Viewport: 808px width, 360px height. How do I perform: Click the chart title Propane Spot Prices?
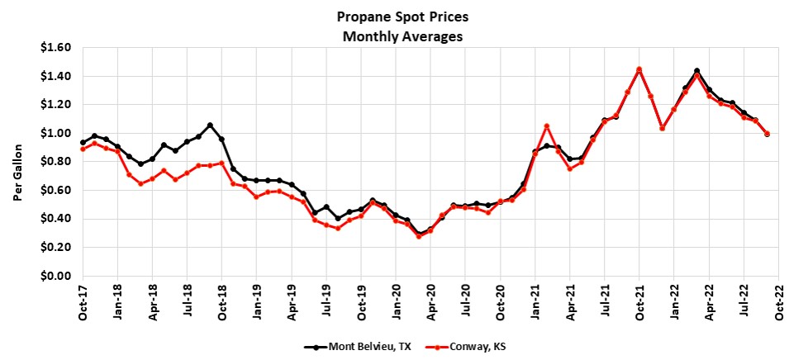[x=404, y=17]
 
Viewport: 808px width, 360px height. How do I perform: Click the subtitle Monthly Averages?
[x=404, y=36]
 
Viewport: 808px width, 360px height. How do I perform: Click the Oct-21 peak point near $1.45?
[x=639, y=69]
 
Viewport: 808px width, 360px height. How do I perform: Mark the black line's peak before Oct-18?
[x=210, y=126]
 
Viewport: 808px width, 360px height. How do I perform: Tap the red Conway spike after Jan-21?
[x=547, y=126]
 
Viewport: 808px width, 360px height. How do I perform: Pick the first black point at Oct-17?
[x=83, y=143]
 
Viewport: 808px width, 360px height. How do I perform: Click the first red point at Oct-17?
[x=83, y=149]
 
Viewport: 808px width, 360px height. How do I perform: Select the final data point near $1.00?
[x=768, y=134]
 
